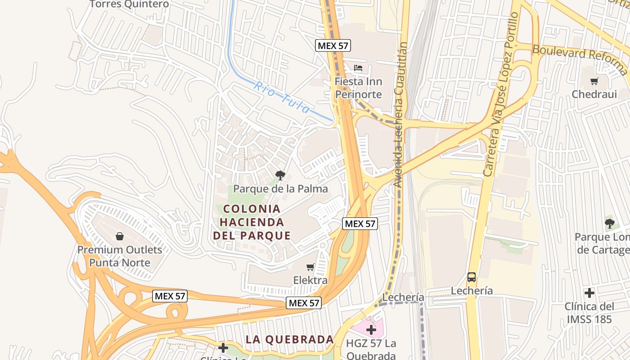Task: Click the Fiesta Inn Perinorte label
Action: click(358, 88)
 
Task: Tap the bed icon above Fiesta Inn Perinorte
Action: click(358, 68)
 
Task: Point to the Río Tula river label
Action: click(282, 97)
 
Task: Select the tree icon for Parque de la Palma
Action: click(280, 175)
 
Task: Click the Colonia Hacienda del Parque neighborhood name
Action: click(252, 222)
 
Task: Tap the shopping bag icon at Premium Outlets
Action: click(120, 236)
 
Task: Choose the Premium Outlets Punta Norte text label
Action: click(120, 256)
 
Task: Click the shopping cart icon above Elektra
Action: click(310, 268)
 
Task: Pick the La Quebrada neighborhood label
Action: click(289, 339)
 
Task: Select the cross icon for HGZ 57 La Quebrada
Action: click(371, 330)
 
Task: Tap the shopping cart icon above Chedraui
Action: click(594, 81)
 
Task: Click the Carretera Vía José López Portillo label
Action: click(501, 94)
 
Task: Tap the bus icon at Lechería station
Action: click(471, 277)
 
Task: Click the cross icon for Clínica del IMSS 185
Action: click(589, 293)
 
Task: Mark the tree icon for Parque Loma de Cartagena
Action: click(609, 223)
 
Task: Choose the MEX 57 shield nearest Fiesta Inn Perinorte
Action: click(333, 45)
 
